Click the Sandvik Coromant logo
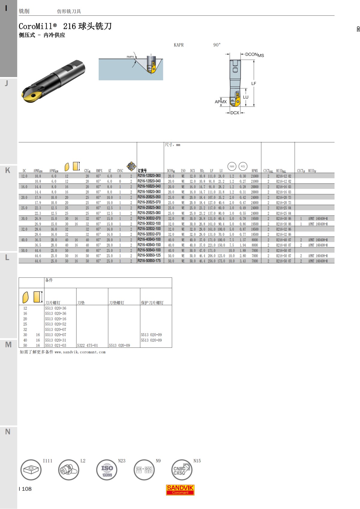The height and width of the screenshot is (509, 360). pyautogui.click(x=180, y=490)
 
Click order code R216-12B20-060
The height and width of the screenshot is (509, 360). pyautogui.click(x=149, y=176)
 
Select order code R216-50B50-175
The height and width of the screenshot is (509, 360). pyautogui.click(x=149, y=261)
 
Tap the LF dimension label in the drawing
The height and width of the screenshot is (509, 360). pyautogui.click(x=254, y=84)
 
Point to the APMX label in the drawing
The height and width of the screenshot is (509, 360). pyautogui.click(x=220, y=102)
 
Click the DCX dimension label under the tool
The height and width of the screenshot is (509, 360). pyautogui.click(x=235, y=113)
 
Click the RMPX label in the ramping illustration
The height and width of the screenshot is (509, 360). pyautogui.click(x=130, y=57)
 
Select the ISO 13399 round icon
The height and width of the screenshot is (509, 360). pyautogui.click(x=107, y=470)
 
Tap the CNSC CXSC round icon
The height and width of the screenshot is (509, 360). pyautogui.click(x=181, y=470)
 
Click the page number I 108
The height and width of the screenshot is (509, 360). pyautogui.click(x=25, y=489)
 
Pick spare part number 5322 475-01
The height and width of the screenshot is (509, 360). pyautogui.click(x=87, y=345)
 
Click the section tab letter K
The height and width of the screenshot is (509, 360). pyautogui.click(x=8, y=170)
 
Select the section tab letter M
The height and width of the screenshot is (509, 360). pyautogui.click(x=8, y=345)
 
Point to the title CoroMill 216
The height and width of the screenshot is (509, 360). pyautogui.click(x=65, y=26)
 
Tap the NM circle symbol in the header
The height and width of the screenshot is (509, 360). pyautogui.click(x=232, y=166)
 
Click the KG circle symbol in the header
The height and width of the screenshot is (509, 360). pyautogui.click(x=243, y=166)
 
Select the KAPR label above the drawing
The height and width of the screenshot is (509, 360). pyautogui.click(x=178, y=45)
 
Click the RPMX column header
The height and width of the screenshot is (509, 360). pyautogui.click(x=255, y=171)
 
